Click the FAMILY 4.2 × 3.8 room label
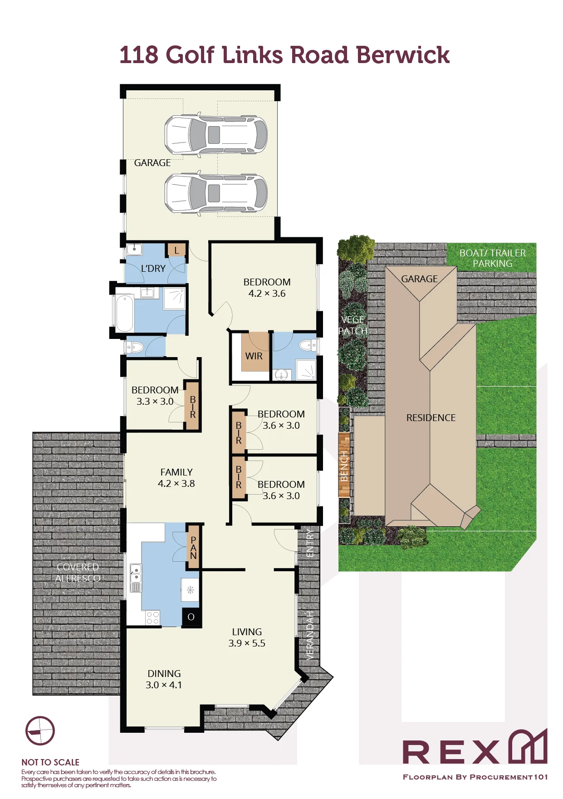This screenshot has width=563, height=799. (x=176, y=478)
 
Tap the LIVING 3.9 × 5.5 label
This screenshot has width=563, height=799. (x=247, y=637)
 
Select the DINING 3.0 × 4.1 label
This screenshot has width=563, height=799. (x=164, y=679)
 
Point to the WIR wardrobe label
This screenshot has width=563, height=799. (x=254, y=356)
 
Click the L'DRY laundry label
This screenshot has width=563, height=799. (x=153, y=269)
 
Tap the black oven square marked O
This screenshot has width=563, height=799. (x=191, y=617)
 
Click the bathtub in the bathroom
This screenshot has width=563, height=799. (x=125, y=313)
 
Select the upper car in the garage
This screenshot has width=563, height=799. (x=215, y=134)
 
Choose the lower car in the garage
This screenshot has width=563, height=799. (x=215, y=193)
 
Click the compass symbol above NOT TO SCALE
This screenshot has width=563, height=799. (x=40, y=731)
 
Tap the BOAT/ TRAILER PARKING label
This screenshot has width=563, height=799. (x=493, y=258)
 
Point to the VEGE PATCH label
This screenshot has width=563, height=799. (x=353, y=325)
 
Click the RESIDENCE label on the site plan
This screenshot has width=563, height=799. (x=431, y=418)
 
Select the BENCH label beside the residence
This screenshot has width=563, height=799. (x=344, y=466)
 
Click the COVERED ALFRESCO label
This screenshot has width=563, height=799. (x=78, y=573)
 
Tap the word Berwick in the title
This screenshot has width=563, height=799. (x=402, y=55)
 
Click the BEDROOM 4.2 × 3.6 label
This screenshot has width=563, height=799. (x=267, y=288)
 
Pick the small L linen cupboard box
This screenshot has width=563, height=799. (x=176, y=250)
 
